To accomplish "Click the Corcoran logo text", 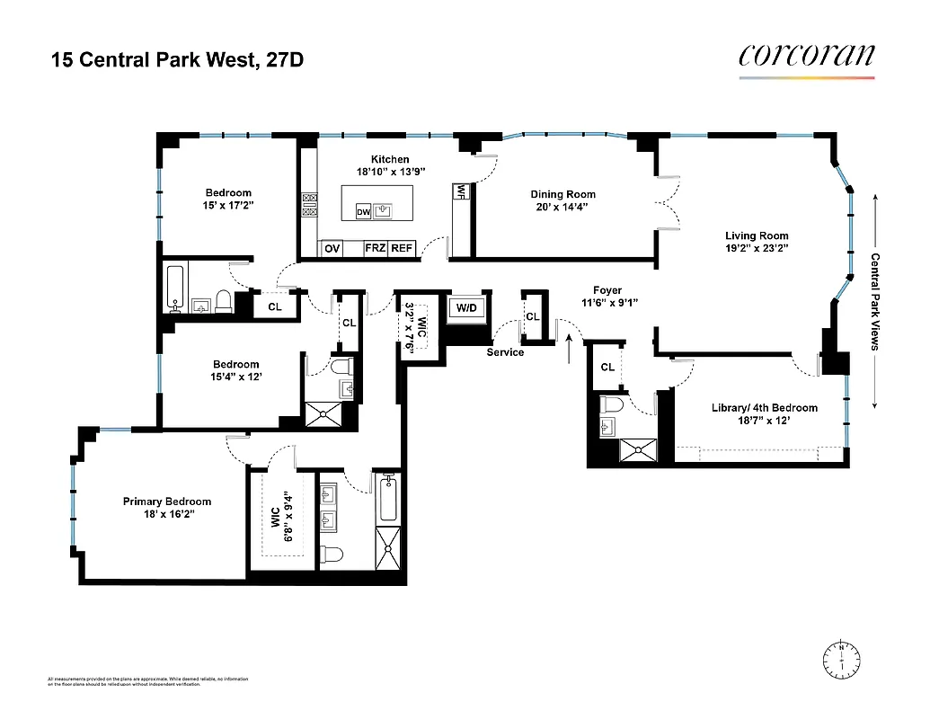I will (806, 56).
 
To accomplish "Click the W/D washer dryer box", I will (467, 308).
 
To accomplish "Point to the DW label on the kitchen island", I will (363, 212).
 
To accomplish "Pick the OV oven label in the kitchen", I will (332, 249).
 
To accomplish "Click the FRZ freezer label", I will (375, 249).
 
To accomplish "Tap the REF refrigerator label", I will (401, 249).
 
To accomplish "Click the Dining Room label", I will (562, 194).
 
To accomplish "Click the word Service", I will (505, 352).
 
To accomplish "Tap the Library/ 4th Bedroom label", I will (764, 407).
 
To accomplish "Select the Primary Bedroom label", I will (167, 502).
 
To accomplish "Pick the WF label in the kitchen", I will (461, 191).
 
